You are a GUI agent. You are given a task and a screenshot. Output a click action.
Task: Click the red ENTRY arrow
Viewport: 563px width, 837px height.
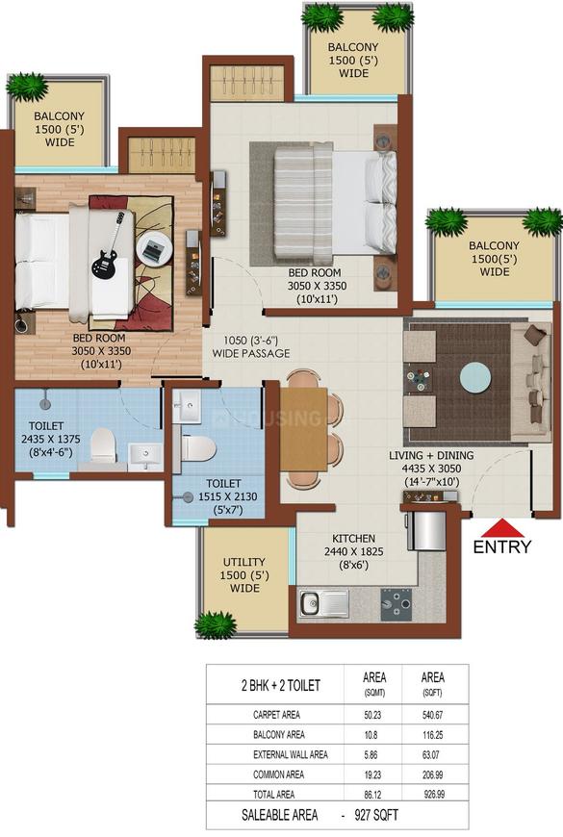[x=501, y=528]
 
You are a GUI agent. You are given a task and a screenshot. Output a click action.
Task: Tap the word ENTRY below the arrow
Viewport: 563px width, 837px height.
[x=501, y=547]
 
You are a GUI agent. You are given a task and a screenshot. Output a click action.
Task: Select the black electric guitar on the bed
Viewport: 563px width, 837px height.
[x=108, y=249]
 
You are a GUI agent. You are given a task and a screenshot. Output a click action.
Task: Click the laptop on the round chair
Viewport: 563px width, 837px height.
[x=153, y=251]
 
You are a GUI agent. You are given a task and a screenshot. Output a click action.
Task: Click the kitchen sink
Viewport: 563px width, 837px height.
[x=324, y=603]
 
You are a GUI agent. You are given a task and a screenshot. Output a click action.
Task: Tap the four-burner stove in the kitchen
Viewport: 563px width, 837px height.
[x=395, y=603]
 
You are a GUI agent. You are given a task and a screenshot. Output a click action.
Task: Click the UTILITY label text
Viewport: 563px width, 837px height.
[x=244, y=562]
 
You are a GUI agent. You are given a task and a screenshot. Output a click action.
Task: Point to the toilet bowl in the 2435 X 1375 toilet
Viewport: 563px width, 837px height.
[x=102, y=446]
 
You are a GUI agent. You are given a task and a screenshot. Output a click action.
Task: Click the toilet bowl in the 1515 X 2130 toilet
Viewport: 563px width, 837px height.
[x=198, y=448]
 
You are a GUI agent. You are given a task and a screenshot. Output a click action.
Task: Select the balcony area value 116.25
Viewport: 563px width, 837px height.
[x=434, y=735]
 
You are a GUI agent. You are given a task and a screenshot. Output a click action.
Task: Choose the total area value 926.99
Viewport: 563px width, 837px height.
[x=434, y=795]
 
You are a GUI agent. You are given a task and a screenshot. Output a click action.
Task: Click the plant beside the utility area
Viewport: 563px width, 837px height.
[x=215, y=625]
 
